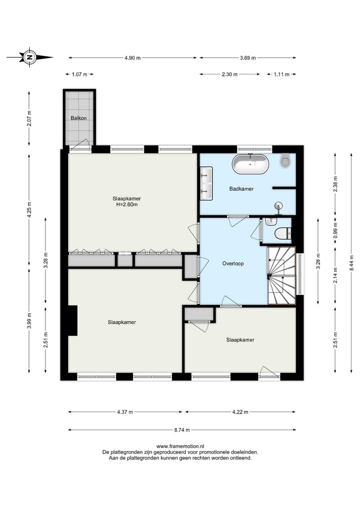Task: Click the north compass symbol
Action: (x=30, y=57)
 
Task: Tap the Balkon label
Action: (x=79, y=118)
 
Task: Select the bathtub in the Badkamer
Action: (x=250, y=164)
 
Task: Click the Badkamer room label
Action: (x=241, y=188)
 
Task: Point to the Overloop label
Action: (x=233, y=263)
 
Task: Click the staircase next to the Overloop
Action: (x=281, y=276)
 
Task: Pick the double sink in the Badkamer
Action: (x=206, y=183)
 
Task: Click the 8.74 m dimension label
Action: (x=182, y=430)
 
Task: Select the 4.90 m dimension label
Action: (x=132, y=58)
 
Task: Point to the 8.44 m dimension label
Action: (x=351, y=263)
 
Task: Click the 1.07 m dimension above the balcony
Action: (x=79, y=74)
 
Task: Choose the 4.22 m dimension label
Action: (x=240, y=412)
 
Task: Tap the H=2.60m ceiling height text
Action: (x=127, y=204)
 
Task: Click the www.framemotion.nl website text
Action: (x=180, y=446)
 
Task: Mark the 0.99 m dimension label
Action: (x=335, y=230)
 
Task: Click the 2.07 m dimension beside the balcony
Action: (x=29, y=118)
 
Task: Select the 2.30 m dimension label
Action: (x=229, y=74)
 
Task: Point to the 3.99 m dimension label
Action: (x=29, y=321)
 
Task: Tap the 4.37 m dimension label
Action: (x=125, y=412)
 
